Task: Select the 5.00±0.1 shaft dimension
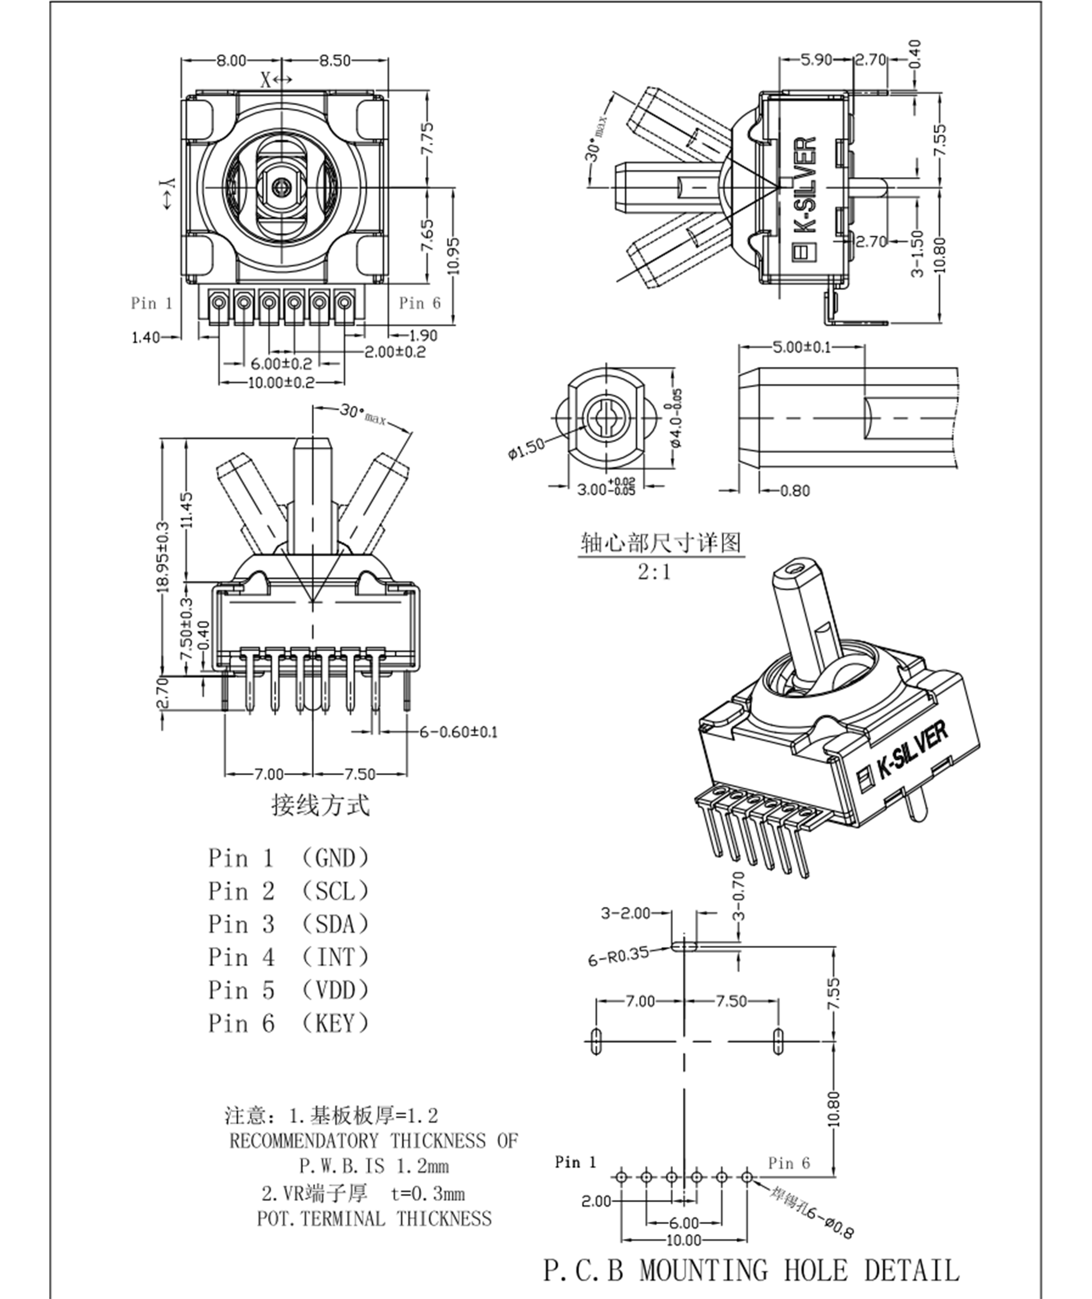coord(802,347)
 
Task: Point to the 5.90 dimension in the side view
coord(816,60)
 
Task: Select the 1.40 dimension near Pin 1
coord(146,337)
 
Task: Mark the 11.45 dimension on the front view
coord(187,509)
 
